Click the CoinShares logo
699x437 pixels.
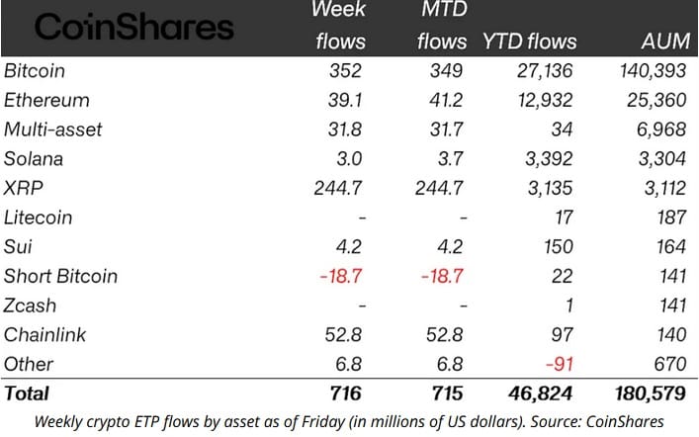coord(134,28)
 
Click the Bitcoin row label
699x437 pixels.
coord(36,71)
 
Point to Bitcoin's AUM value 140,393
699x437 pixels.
coord(647,71)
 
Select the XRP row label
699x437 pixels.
coord(24,188)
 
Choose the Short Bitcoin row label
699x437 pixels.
coord(60,276)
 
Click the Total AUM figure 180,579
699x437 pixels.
coord(645,393)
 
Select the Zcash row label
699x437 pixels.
coord(31,306)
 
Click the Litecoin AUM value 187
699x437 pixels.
coord(669,218)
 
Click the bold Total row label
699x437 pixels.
coord(28,393)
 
